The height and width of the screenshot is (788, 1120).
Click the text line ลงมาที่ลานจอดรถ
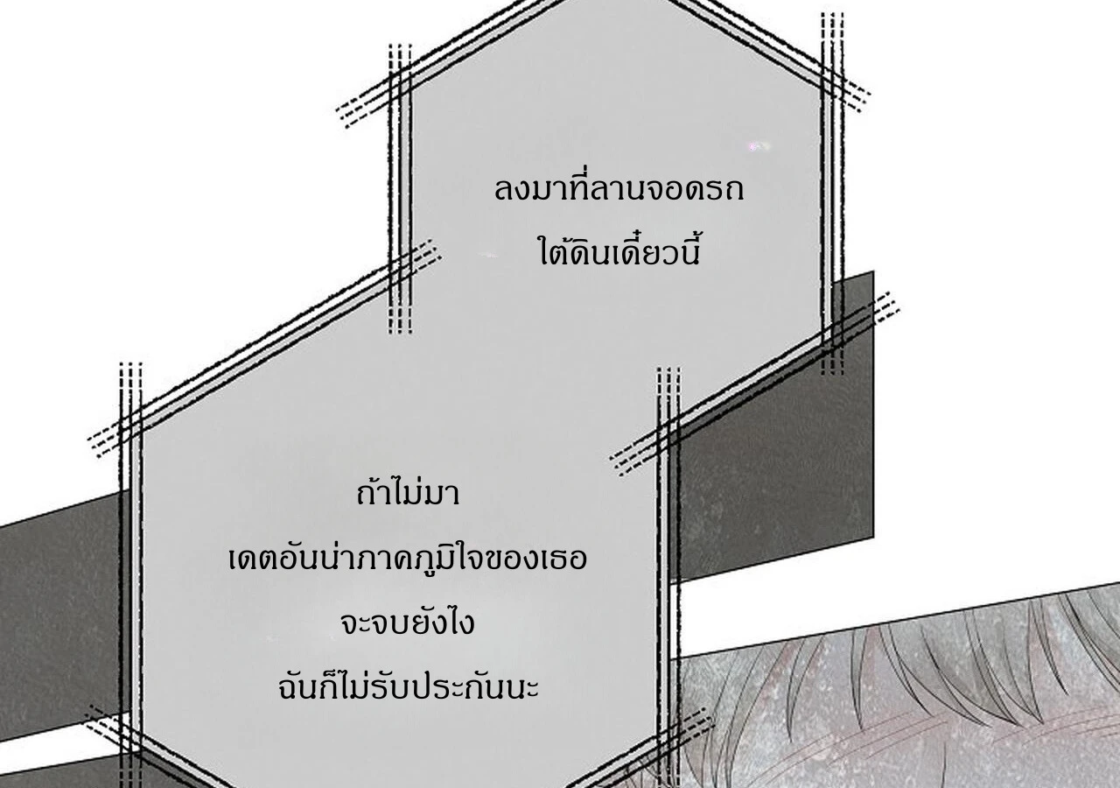click(x=619, y=189)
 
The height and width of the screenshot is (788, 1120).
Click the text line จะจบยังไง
click(x=407, y=623)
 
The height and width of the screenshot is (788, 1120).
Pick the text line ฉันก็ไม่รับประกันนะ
click(x=408, y=685)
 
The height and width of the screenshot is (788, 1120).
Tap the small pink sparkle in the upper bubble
click(x=758, y=146)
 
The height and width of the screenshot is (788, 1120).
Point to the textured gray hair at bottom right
click(x=900, y=700)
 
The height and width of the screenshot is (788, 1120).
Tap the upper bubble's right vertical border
click(x=832, y=193)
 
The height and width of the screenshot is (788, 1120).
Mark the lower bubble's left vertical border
click(x=131, y=575)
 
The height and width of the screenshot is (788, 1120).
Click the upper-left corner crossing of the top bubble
click(x=400, y=79)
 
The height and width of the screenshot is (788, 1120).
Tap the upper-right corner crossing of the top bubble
click(x=832, y=74)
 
